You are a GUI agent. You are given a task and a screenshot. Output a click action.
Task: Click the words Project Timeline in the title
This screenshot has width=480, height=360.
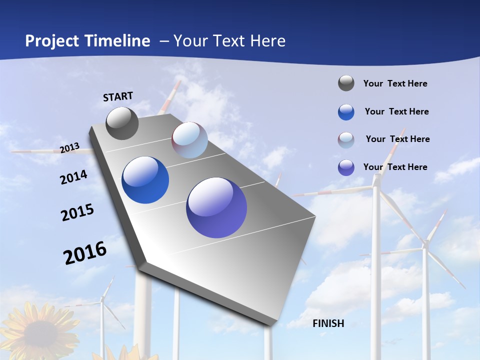pos(87,41)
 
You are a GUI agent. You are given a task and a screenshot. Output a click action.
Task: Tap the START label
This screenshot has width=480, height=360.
pos(118,96)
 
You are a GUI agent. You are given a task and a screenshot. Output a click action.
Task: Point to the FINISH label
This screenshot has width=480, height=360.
pos(328,323)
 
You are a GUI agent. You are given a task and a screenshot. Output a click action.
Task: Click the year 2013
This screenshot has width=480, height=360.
pos(70,148)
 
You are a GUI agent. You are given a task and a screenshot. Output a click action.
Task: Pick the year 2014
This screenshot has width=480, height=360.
pos(74,177)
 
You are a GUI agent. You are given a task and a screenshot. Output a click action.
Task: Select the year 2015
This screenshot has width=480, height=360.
pos(77,212)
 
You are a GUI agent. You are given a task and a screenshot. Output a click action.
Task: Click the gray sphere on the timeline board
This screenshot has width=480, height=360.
pos(122,123)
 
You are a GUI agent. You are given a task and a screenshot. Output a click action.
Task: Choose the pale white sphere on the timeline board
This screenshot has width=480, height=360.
pos(189,140)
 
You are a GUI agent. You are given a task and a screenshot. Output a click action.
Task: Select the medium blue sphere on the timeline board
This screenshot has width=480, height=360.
pos(145,180)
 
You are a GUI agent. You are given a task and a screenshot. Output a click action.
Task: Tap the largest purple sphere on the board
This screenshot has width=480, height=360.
pos(216,207)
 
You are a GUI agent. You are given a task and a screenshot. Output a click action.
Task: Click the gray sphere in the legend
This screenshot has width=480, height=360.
pos(346,83)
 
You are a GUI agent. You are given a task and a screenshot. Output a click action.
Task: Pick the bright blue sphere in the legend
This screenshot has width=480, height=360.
pos(346,112)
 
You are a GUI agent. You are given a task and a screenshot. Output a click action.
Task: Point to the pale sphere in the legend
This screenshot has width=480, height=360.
pos(346,140)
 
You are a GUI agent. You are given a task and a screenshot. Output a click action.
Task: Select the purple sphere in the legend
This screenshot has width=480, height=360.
pos(346,167)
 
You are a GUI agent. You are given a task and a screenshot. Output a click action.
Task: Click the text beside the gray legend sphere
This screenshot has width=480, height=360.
pos(395,83)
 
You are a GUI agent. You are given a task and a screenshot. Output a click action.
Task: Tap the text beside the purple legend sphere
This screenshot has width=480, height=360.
pos(395,167)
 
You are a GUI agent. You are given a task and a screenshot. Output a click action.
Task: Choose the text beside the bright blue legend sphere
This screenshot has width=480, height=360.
pos(396,111)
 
